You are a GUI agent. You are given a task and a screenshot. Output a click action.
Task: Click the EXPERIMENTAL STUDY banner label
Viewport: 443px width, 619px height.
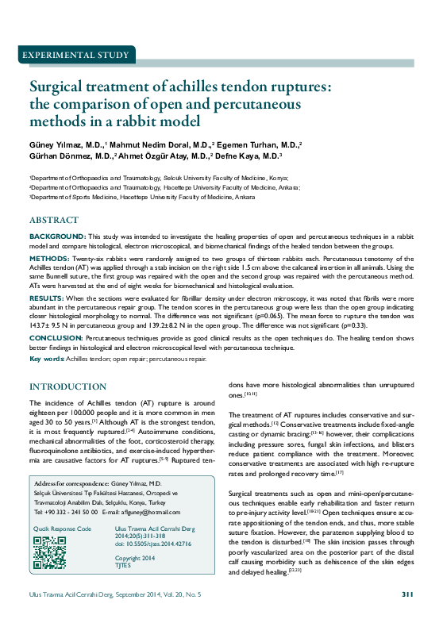click(77, 56)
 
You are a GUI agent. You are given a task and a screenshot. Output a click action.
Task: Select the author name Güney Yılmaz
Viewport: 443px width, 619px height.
click(56, 146)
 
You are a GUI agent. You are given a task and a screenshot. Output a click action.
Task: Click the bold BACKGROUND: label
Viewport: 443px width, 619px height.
click(58, 237)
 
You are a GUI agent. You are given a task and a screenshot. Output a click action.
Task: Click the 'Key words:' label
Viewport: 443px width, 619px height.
click(47, 359)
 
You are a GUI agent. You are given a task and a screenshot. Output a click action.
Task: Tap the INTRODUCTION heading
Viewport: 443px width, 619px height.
click(67, 386)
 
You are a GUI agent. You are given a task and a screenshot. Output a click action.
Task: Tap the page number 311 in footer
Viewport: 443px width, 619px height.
click(407, 594)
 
